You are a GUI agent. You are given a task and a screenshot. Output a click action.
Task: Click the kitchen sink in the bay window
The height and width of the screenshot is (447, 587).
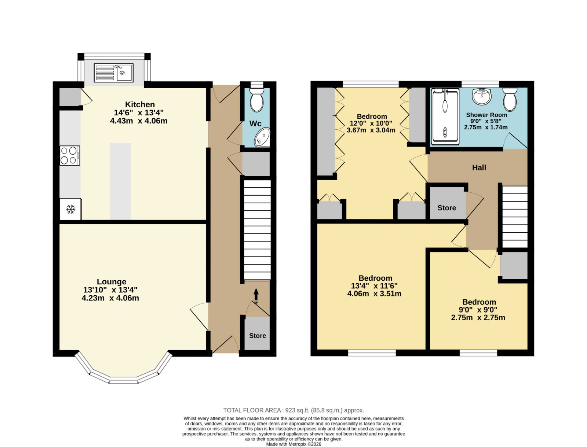113,73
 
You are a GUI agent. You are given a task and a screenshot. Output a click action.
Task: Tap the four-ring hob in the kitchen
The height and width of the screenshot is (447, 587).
70,155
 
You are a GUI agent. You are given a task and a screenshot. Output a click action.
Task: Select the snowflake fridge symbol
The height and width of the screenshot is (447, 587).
70,209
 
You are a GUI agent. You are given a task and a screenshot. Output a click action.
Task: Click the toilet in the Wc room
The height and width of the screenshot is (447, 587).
256,100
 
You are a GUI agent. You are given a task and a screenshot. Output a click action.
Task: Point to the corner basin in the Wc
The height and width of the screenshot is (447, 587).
262,137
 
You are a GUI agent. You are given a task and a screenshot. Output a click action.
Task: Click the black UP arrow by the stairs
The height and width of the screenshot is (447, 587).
256,294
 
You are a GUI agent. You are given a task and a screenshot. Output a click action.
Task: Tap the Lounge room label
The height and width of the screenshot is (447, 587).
112,281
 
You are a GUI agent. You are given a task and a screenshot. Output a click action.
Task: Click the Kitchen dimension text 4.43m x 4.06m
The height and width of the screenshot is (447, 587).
139,121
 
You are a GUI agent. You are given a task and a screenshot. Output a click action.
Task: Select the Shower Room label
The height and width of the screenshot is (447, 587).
486,115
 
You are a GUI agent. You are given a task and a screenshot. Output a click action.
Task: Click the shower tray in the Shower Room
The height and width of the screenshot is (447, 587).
445,117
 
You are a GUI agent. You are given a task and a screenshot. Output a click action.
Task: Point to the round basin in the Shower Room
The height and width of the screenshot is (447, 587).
482,96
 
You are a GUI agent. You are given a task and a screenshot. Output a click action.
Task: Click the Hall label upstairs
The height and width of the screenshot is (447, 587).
479,168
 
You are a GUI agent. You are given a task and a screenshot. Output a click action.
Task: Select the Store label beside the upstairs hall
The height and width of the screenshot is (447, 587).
446,208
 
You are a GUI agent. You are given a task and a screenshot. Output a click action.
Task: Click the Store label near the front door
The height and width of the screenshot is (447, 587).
258,336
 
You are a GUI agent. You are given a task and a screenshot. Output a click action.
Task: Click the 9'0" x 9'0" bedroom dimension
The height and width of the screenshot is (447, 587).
478,310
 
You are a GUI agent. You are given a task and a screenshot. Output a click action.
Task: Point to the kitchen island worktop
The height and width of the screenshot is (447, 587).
120,181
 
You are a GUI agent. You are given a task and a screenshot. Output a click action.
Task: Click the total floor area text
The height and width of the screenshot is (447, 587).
293,410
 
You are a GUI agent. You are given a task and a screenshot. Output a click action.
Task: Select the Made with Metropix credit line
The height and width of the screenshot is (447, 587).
293,444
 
